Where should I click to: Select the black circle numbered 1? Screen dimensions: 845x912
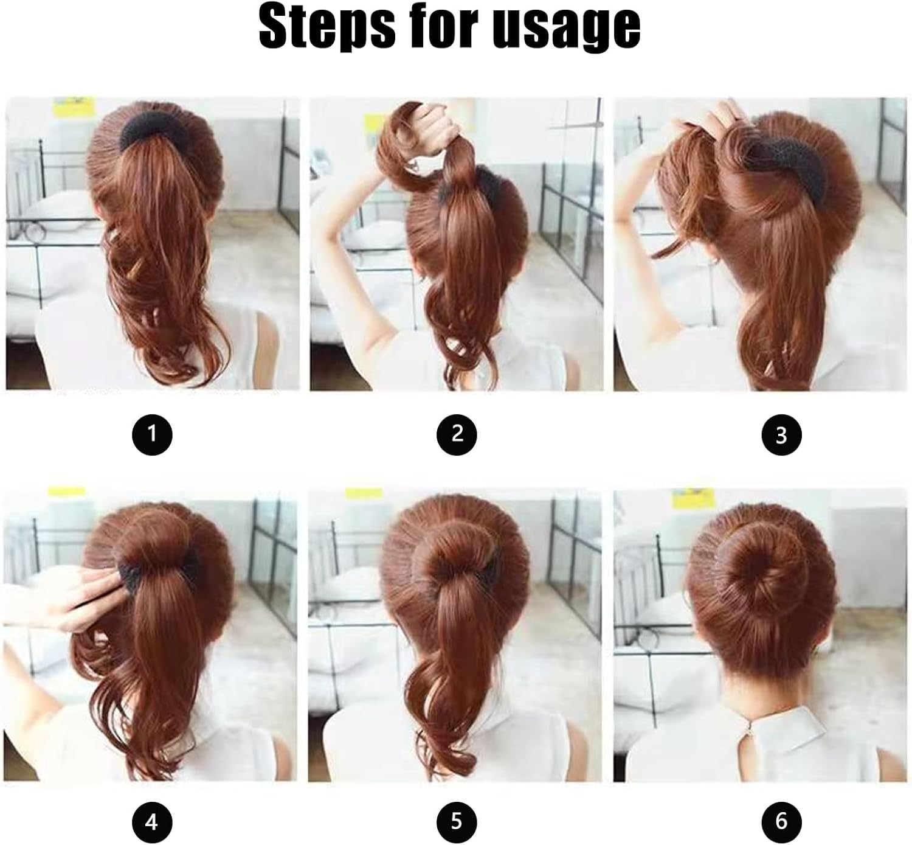coord(152,434)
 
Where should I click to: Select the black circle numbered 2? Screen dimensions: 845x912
coord(457,434)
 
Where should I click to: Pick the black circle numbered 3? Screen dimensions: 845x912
coord(781,436)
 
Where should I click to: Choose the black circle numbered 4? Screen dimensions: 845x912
coord(152,823)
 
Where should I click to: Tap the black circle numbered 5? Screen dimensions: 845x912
coord(457,823)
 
